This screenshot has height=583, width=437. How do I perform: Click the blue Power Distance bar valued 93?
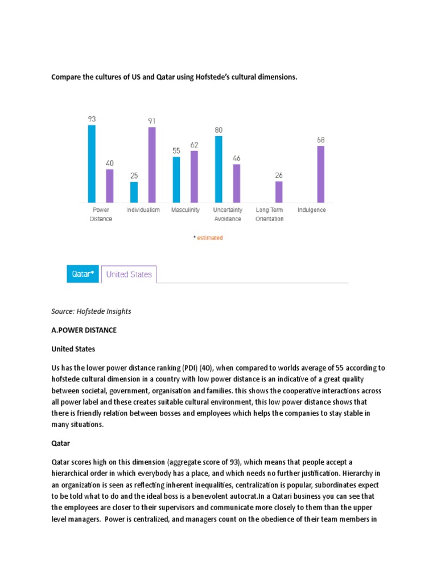92,164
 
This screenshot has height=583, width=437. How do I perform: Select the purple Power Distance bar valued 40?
110,186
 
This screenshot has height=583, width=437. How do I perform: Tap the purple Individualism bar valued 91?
152,165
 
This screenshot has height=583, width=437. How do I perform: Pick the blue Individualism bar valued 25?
134,192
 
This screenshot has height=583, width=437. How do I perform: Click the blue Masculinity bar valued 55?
176,179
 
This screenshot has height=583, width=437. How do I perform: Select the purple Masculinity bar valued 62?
194,176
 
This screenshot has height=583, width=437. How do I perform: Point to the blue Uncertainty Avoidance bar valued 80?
218,169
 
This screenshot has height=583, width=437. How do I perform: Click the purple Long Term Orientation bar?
279,192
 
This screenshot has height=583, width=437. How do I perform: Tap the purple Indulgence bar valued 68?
321,174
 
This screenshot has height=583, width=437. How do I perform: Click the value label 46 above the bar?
236,158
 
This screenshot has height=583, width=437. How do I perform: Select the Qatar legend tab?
83,274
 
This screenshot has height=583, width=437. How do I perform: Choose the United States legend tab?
129,274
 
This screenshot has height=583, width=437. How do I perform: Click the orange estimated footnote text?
208,237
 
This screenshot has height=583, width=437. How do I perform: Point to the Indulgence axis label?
312,210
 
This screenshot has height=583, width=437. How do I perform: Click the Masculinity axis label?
185,210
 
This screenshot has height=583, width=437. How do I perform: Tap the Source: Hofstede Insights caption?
91,311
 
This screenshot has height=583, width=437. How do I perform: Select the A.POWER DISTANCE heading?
84,330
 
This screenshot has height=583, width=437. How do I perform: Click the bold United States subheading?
73,348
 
